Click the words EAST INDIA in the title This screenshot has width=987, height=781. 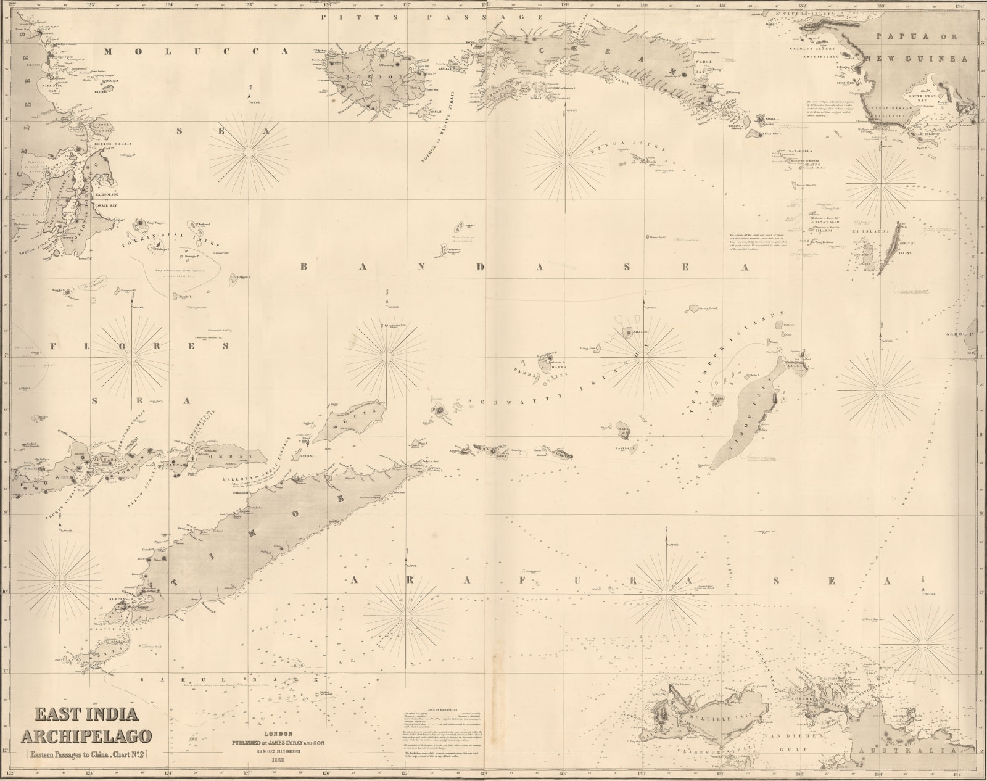[86, 714]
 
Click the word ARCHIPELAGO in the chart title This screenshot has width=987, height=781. [86, 736]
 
